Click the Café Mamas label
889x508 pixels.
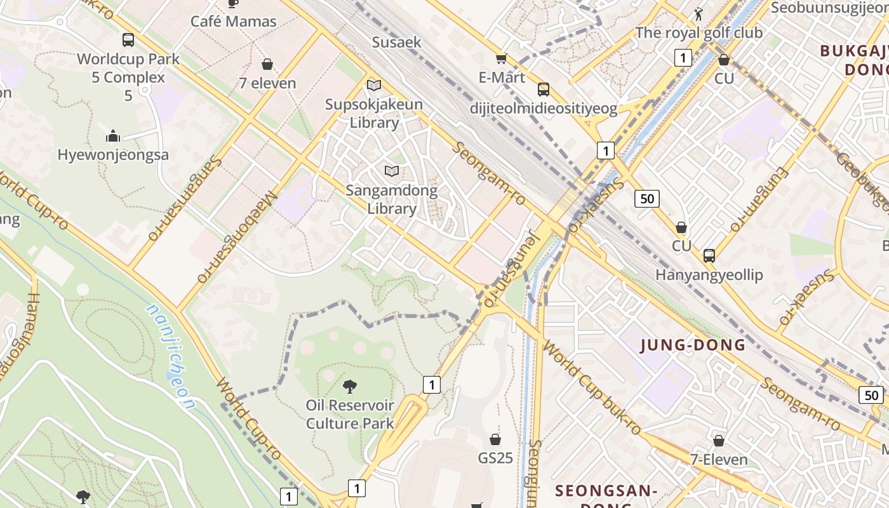[x=234, y=22]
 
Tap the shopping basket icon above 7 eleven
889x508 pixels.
[x=267, y=64]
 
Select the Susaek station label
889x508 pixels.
[x=396, y=43]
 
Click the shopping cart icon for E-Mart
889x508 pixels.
[x=501, y=59]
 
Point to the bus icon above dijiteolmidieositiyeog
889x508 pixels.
[x=544, y=90]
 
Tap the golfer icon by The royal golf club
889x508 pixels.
[x=699, y=14]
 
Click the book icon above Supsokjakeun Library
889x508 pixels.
[x=374, y=85]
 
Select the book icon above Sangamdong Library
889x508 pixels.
[x=392, y=171]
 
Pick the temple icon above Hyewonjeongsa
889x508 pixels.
[x=113, y=136]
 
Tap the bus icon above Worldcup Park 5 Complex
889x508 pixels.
[x=128, y=40]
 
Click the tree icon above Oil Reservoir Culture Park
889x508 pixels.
[x=349, y=386]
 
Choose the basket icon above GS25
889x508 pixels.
[x=495, y=439]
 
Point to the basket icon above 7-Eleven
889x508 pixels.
[x=719, y=440]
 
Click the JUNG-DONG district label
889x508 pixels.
[x=693, y=345]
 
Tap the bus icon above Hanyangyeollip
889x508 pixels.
[x=709, y=256]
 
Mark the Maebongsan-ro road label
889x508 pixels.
[x=237, y=237]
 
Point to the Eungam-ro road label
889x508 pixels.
[x=758, y=200]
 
